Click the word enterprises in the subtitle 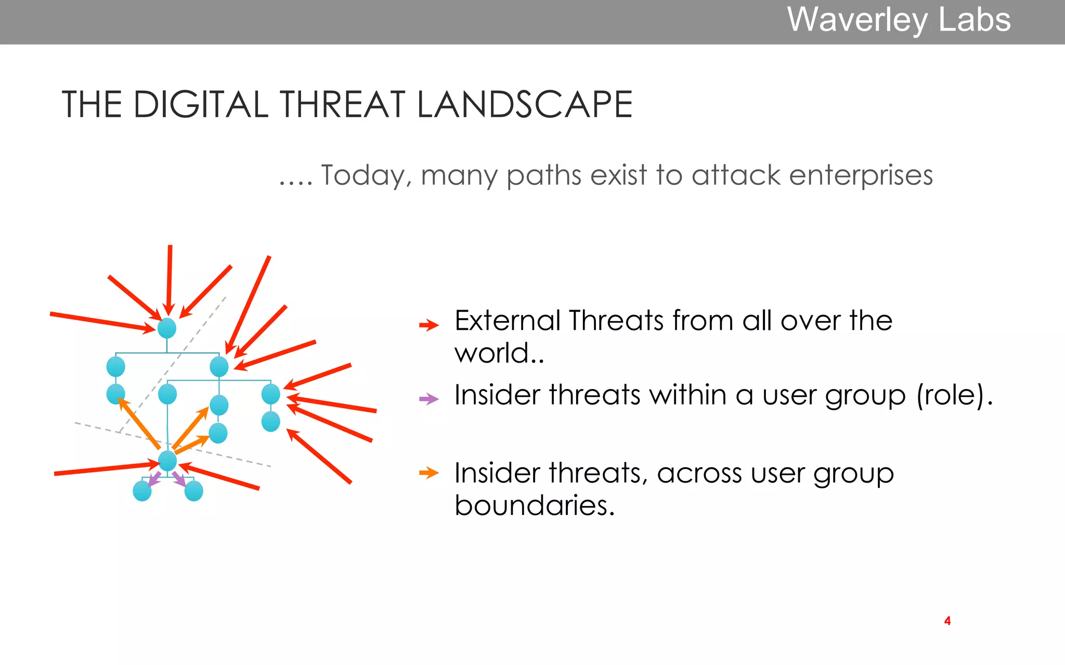(x=861, y=175)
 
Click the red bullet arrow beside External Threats (x=429, y=326)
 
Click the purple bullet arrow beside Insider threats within (x=429, y=400)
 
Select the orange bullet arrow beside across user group (x=429, y=473)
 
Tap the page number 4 (x=947, y=621)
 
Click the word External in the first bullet (x=507, y=321)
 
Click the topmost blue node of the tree (x=167, y=328)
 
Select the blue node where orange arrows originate (x=167, y=461)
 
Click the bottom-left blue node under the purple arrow (x=142, y=491)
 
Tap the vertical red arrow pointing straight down (x=169, y=278)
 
